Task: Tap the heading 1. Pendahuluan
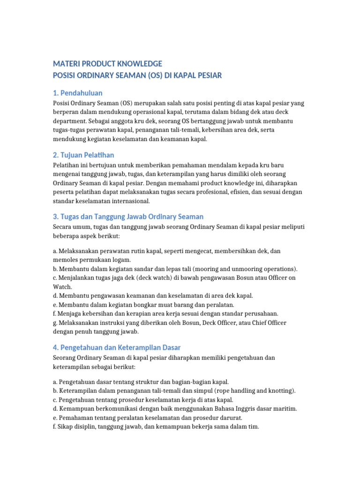[77, 93]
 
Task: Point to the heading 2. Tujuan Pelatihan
[83, 155]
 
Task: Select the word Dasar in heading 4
[171, 347]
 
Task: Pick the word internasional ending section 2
[128, 201]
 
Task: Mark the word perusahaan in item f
[260, 313]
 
